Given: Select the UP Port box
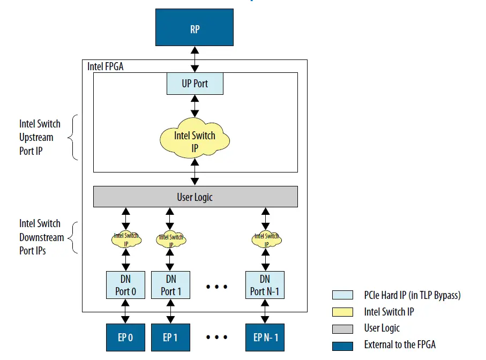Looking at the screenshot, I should (195, 84).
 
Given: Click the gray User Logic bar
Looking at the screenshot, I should (195, 197).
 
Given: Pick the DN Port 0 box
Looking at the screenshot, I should (125, 285).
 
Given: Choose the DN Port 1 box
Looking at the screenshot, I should (170, 285).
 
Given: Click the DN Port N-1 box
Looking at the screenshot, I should (265, 285).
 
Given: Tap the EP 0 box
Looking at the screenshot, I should (125, 337).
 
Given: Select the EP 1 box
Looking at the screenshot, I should (170, 337).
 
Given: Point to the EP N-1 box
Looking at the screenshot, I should (265, 337).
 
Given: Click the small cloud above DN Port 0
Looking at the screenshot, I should (126, 239).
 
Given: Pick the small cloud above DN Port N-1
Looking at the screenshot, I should (266, 239).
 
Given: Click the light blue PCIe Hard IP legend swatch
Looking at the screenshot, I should (342, 295).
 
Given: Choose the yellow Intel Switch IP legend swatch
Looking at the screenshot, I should (342, 311).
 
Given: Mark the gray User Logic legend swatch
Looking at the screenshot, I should (342, 328).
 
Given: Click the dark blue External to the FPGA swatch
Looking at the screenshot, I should (342, 345).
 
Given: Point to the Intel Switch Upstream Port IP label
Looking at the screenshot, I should (40, 137).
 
